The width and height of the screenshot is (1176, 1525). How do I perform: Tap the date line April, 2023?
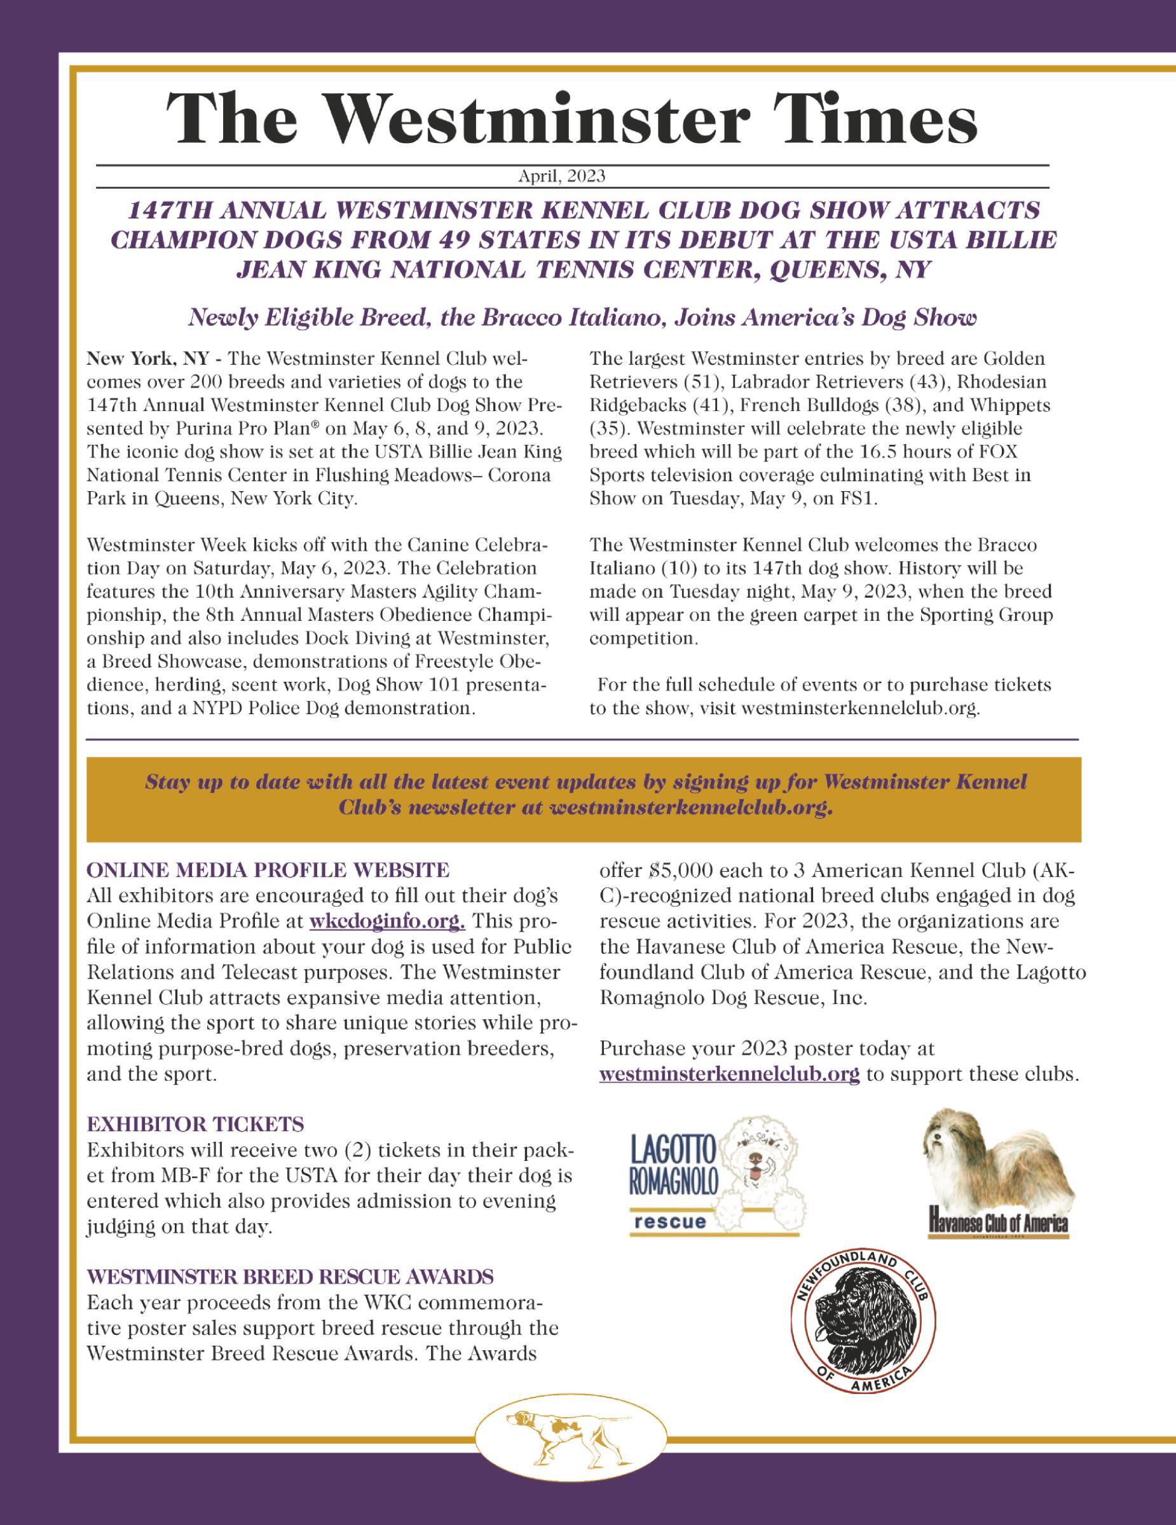(x=561, y=177)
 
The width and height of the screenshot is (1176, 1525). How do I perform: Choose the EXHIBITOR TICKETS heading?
(x=196, y=1124)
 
